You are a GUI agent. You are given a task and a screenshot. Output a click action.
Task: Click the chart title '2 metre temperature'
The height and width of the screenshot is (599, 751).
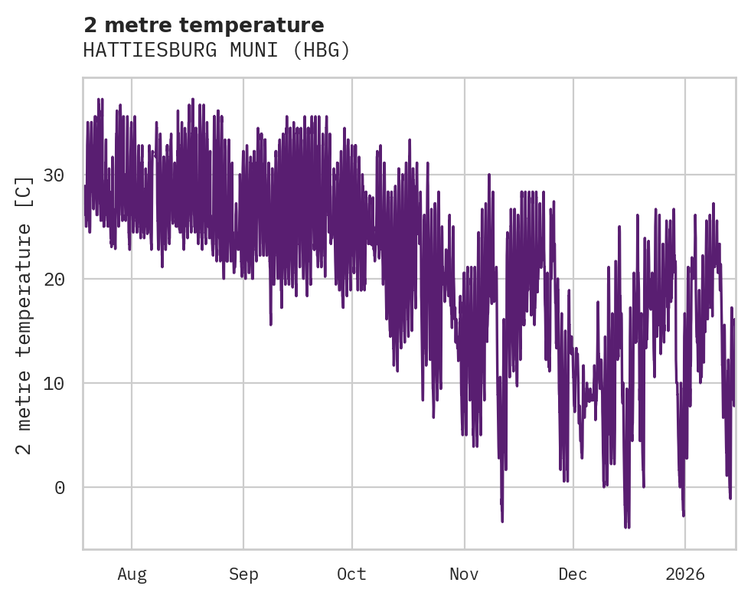tap(204, 25)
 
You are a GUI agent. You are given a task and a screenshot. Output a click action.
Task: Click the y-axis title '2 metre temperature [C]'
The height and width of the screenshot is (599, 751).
tap(24, 316)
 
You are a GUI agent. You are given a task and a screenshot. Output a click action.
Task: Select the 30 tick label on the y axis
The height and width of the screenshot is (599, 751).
tap(54, 175)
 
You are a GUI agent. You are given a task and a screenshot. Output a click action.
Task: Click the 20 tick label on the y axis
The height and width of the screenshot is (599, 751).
tap(54, 279)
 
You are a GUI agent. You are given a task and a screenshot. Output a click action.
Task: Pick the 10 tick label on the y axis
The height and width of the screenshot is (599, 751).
tap(54, 383)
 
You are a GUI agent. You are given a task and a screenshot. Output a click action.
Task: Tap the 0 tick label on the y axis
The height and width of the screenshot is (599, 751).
tap(59, 487)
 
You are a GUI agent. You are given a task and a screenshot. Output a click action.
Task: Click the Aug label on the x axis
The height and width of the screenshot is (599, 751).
tap(132, 574)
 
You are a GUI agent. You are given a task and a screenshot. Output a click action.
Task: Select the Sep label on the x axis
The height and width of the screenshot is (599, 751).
tap(243, 574)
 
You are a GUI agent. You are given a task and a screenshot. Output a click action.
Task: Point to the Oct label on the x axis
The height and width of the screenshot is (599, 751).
tap(352, 574)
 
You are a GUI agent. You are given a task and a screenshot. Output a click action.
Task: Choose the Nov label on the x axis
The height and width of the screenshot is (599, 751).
tap(464, 574)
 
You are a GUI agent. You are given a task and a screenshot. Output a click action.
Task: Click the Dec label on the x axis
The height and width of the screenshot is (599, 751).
tap(573, 574)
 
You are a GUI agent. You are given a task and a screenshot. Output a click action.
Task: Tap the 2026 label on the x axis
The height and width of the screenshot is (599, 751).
tap(684, 574)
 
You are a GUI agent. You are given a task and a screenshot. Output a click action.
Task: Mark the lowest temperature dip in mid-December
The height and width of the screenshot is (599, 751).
tap(627, 526)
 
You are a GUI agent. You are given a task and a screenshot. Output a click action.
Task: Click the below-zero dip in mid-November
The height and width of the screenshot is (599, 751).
tap(502, 520)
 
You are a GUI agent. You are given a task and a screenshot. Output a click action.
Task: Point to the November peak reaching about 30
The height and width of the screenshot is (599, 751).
tap(488, 175)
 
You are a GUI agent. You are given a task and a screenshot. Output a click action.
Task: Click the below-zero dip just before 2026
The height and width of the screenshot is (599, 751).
tap(683, 514)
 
